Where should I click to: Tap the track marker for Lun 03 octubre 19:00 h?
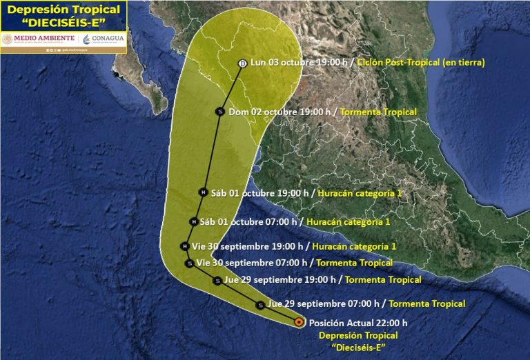tap(242, 63)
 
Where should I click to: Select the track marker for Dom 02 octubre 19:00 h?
tap(220, 112)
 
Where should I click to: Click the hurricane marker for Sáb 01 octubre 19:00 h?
tap(203, 192)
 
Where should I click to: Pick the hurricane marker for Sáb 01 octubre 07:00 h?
tap(193, 221)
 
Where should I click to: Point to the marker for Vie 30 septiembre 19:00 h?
tap(184, 246)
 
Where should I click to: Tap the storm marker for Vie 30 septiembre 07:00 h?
tap(189, 263)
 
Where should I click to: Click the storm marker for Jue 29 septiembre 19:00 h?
tap(217, 280)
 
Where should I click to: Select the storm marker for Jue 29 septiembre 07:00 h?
tap(259, 304)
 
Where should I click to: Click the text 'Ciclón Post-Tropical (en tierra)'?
tap(421, 63)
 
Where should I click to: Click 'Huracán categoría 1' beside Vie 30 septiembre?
tap(354, 246)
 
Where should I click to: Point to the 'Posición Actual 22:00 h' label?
tap(358, 322)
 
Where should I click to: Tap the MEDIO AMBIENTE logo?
tap(38, 39)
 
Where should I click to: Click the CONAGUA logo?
tap(104, 39)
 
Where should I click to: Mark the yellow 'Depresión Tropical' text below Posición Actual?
tap(358, 335)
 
